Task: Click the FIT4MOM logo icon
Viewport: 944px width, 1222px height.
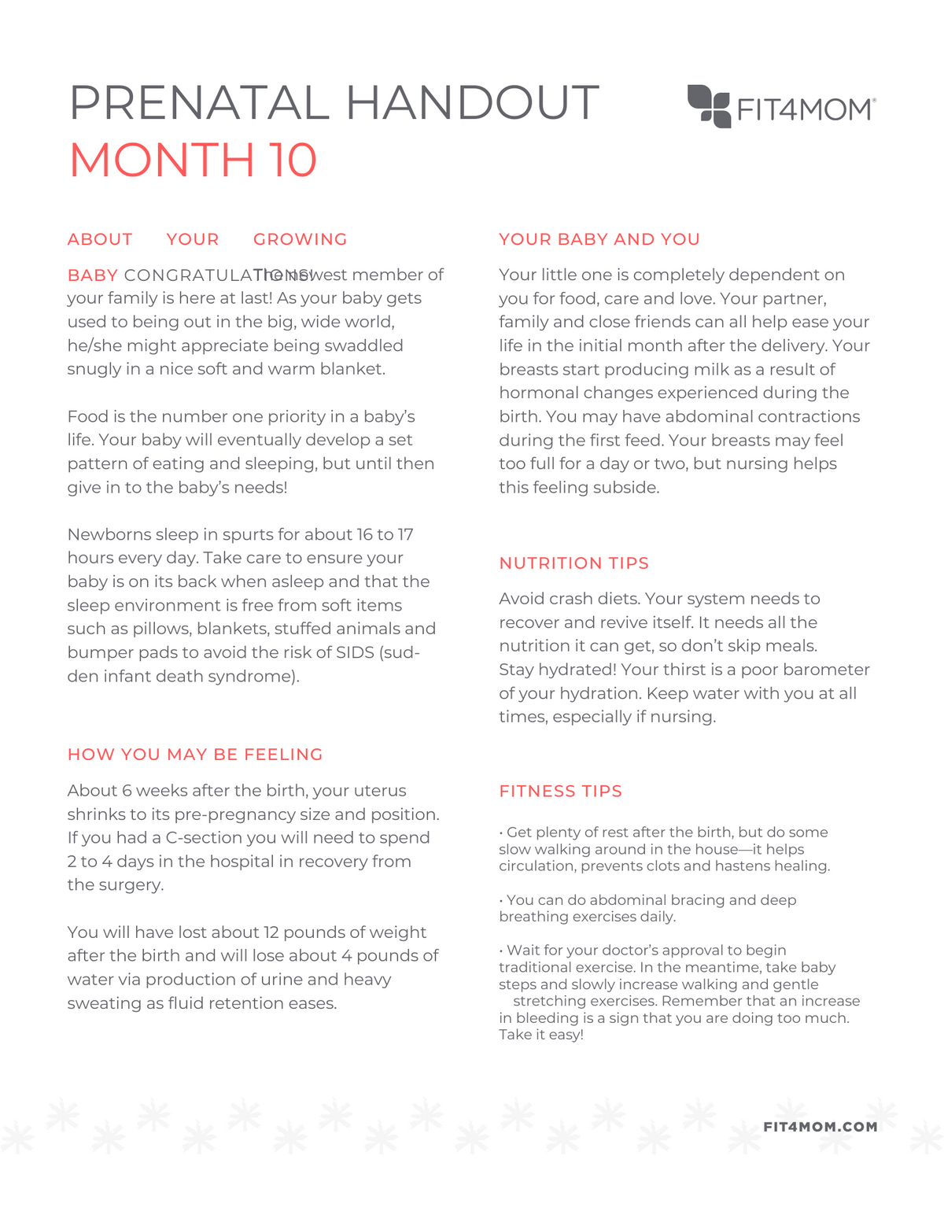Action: (x=709, y=106)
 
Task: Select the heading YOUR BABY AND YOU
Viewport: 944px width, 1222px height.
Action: (x=599, y=239)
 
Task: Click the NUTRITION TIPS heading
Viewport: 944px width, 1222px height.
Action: (x=573, y=563)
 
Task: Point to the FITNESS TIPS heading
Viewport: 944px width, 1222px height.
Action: (x=560, y=792)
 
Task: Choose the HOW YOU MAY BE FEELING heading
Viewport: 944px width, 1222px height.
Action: (x=195, y=755)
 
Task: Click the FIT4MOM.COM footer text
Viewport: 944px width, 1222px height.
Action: (x=820, y=1127)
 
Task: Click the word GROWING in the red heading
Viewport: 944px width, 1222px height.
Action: (x=300, y=239)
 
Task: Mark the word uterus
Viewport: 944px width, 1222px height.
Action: (x=380, y=791)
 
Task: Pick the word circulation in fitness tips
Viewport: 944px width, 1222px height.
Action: (x=534, y=866)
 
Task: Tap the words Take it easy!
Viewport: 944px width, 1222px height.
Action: (x=540, y=1035)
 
